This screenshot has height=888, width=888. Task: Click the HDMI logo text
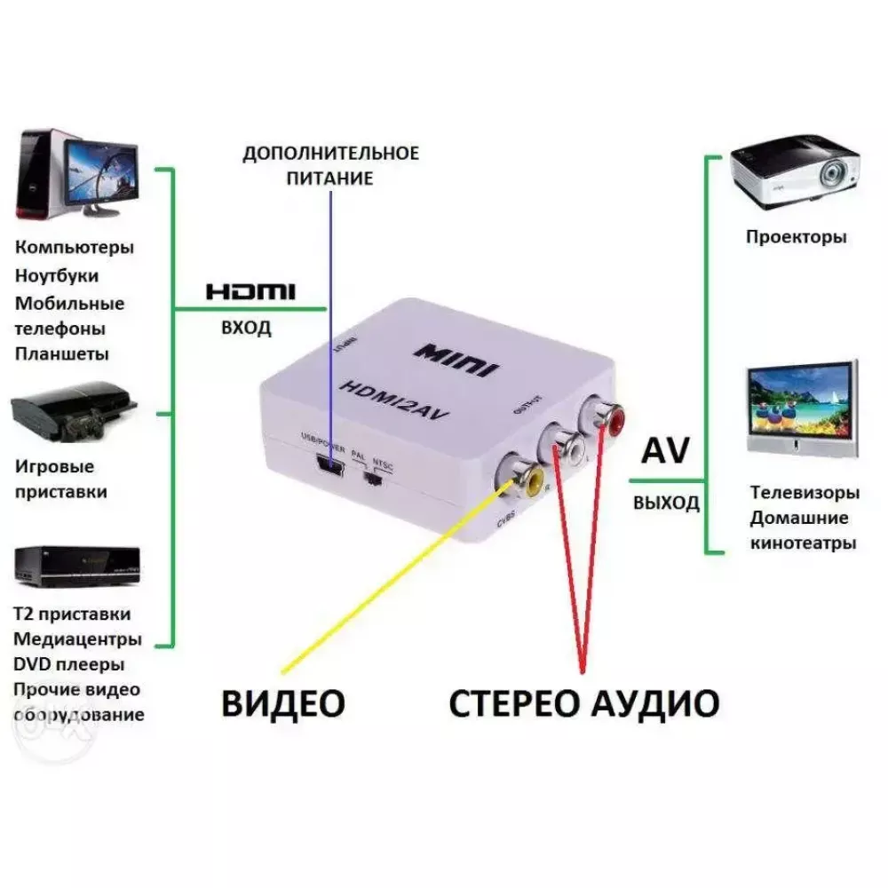pyautogui.click(x=250, y=291)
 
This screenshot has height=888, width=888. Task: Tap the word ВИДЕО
pyautogui.click(x=282, y=703)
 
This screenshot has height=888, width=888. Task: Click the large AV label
pyautogui.click(x=665, y=451)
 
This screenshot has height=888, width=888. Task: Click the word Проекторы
pyautogui.click(x=796, y=237)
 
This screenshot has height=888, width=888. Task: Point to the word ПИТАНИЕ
pyautogui.click(x=329, y=178)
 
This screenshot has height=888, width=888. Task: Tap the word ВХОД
pyautogui.click(x=246, y=329)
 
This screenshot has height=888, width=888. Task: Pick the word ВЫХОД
pyautogui.click(x=666, y=503)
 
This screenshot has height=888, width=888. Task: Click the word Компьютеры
pyautogui.click(x=74, y=247)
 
